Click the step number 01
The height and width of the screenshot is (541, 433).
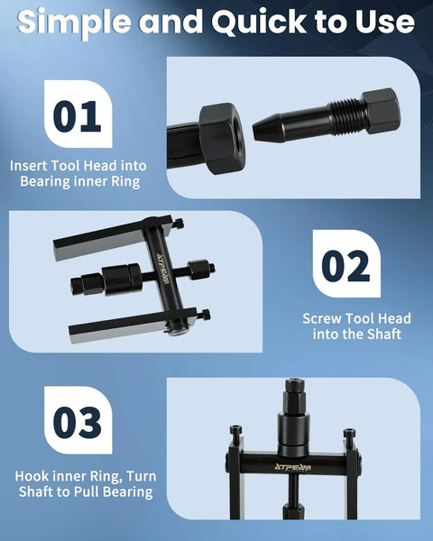click(77, 116)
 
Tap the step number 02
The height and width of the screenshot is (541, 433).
click(345, 267)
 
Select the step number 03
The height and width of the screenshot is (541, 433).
click(77, 423)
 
